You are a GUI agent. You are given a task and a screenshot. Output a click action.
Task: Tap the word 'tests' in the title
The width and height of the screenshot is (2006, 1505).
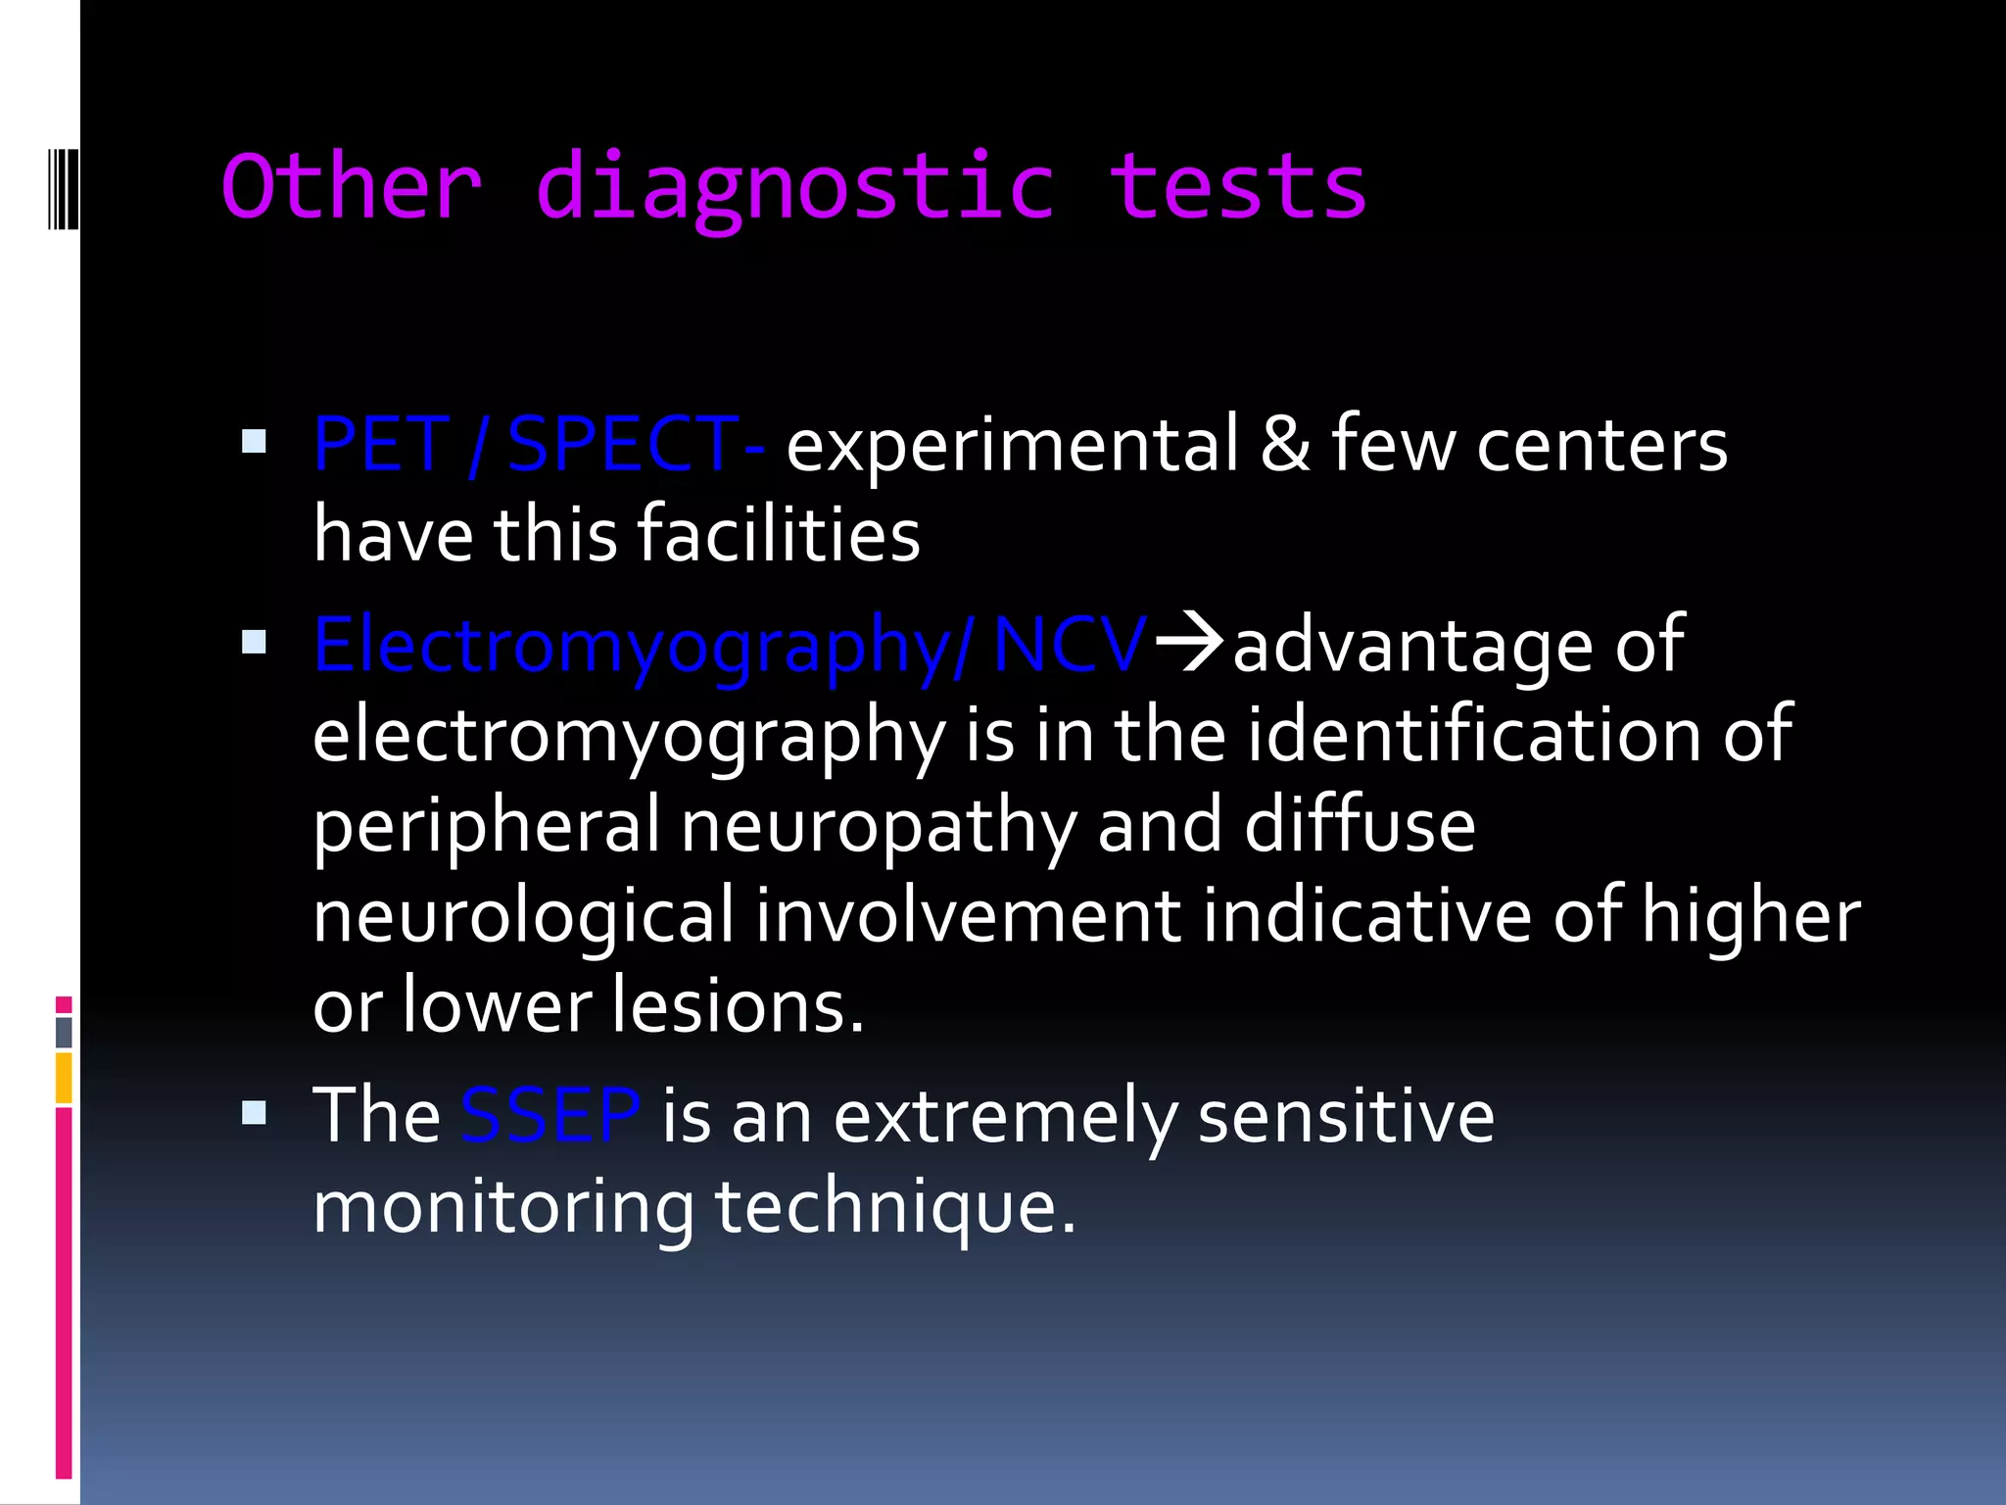1237,188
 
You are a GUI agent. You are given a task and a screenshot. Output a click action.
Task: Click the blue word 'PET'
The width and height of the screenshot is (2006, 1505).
380,446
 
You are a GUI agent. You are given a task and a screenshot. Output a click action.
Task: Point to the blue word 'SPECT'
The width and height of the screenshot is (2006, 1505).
623,446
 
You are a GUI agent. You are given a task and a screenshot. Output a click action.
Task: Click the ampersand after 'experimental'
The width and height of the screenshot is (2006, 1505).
1284,446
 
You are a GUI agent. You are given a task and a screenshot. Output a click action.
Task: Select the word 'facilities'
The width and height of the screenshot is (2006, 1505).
779,535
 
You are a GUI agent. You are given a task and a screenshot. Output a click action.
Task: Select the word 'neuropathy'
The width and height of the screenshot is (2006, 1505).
878,826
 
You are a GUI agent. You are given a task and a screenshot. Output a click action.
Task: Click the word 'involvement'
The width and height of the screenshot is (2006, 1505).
968,915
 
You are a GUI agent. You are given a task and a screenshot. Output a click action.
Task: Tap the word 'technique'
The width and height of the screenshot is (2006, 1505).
893,1206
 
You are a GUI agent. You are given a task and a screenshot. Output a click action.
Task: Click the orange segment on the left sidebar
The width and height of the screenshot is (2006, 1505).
64,1077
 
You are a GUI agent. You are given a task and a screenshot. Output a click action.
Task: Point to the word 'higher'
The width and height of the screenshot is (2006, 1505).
1750,915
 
